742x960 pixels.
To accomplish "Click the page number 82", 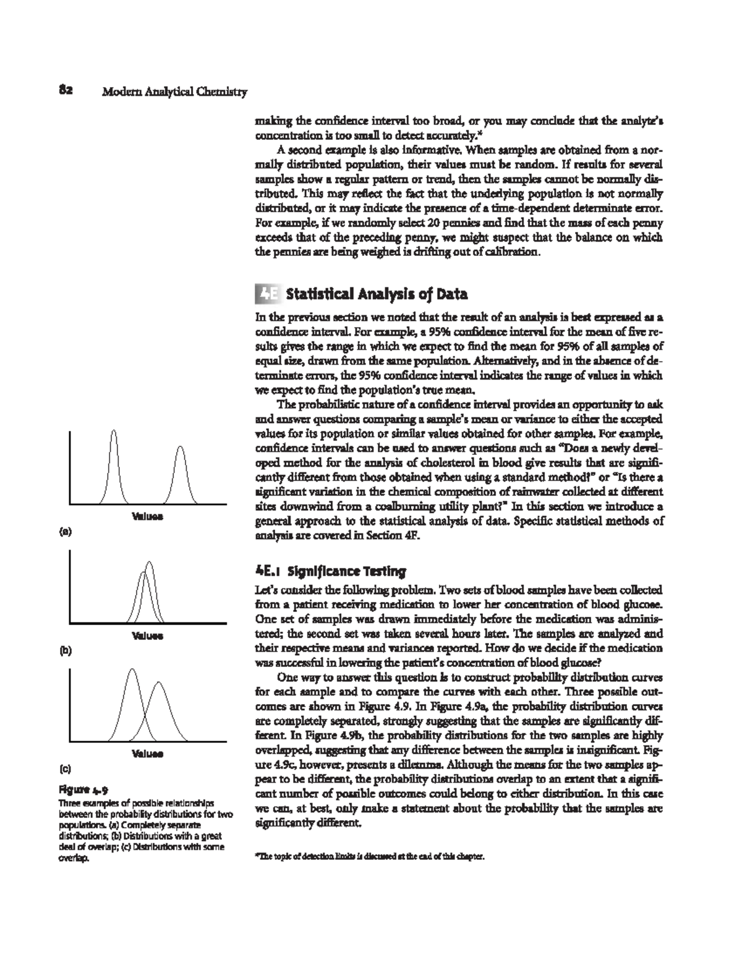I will click(x=66, y=91).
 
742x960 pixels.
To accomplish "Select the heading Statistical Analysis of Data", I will click(x=377, y=294).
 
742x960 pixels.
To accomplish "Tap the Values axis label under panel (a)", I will click(x=147, y=516).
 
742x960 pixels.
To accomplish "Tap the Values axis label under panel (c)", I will click(x=147, y=754).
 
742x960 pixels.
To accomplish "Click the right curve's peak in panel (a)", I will click(x=179, y=447).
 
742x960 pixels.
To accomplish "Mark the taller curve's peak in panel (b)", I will click(x=149, y=562).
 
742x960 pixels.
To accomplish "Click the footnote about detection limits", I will click(x=365, y=858).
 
